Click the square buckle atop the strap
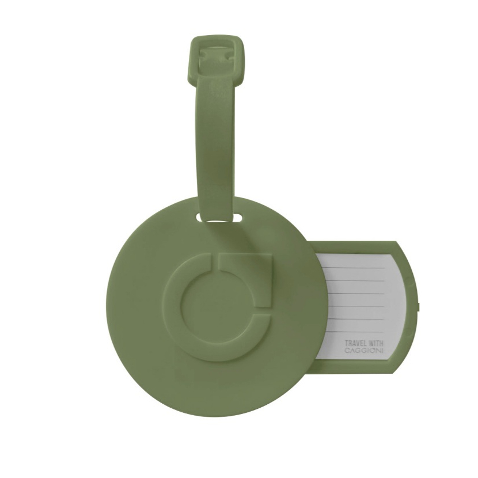coord(217,58)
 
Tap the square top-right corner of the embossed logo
coord(271,256)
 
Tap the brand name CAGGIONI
coord(364,351)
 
